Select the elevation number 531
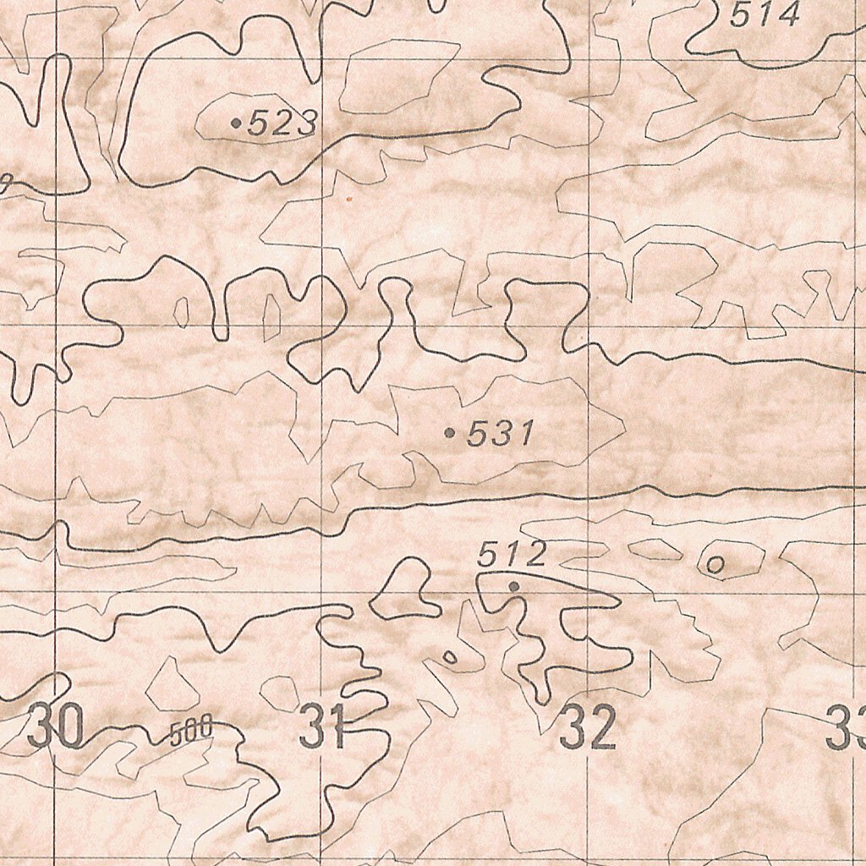[500, 435]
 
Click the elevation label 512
[512, 555]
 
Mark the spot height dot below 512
[512, 585]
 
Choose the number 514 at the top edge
[765, 15]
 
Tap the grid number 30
[56, 727]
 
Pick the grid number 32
[588, 729]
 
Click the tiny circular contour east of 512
[715, 564]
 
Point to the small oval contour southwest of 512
[451, 656]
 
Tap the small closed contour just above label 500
[172, 685]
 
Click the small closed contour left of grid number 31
[279, 693]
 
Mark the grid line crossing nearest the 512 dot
[589, 591]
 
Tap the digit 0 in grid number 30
[69, 727]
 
